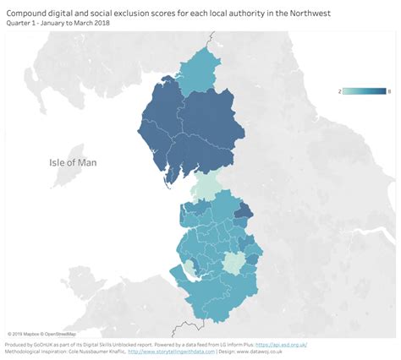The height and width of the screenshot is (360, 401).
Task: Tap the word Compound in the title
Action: tap(29, 12)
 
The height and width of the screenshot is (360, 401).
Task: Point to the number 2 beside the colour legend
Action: tap(340, 90)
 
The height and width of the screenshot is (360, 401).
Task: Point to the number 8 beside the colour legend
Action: tap(388, 90)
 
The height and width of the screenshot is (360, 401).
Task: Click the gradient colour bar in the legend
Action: tap(364, 90)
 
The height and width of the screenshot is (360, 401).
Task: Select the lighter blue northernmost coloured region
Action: tap(201, 66)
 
